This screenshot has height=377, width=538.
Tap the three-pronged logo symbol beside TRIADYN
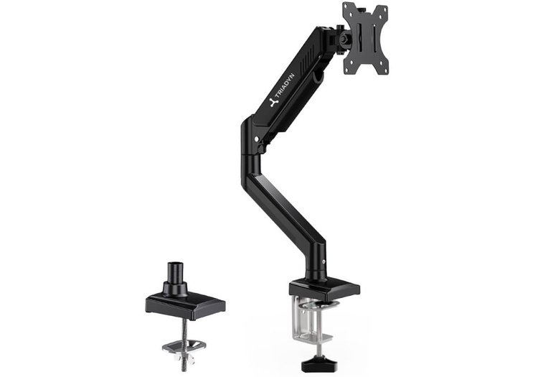tap(273, 102)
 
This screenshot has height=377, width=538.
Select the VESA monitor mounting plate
tap(365, 38)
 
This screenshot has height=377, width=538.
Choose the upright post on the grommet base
tap(175, 278)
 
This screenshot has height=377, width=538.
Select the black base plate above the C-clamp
tap(324, 289)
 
